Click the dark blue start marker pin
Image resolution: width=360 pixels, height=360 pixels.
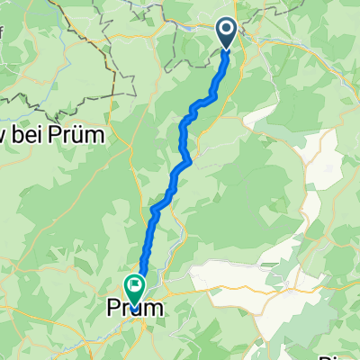pyautogui.click(x=226, y=33)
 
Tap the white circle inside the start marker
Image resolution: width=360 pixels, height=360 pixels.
pyautogui.click(x=226, y=30)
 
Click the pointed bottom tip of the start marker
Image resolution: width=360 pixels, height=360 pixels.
pyautogui.click(x=226, y=48)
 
